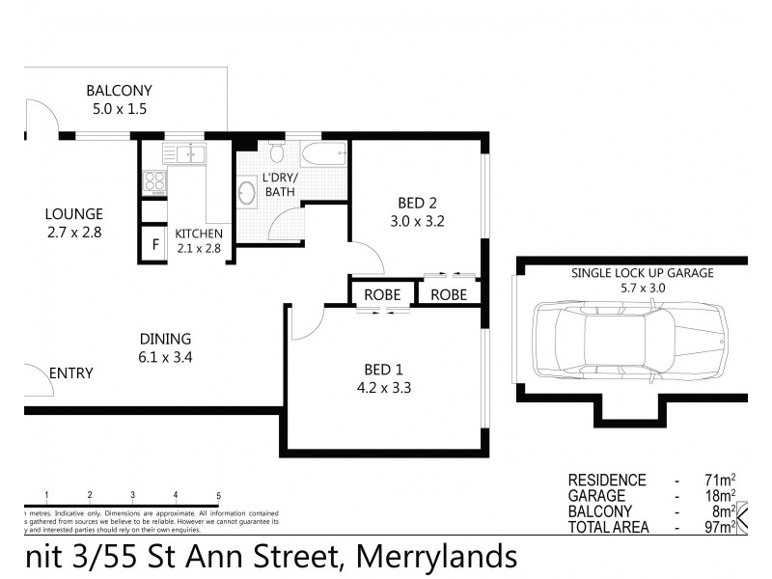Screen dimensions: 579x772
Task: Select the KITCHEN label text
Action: [199, 234]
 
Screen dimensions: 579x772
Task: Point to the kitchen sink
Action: [185, 153]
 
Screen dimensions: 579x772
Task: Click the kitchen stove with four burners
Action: [154, 180]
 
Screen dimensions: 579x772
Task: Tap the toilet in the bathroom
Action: [277, 152]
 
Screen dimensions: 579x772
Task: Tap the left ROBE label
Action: [381, 294]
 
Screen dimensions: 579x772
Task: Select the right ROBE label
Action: [449, 294]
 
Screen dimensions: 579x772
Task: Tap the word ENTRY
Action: [70, 373]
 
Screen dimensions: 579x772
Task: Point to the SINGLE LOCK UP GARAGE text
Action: [642, 273]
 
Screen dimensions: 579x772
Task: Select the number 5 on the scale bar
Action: [219, 495]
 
